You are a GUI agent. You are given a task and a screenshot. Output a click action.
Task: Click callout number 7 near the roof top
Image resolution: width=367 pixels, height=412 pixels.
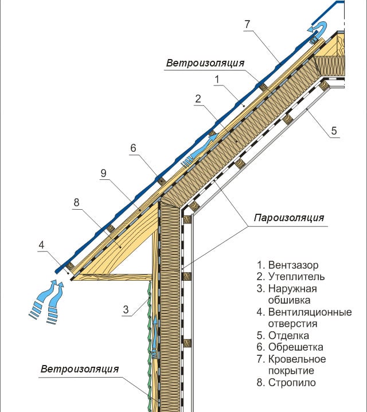247,24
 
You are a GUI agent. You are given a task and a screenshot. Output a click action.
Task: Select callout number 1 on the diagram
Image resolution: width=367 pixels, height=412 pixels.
217,79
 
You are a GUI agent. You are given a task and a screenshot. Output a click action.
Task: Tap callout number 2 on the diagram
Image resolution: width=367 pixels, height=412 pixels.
197,99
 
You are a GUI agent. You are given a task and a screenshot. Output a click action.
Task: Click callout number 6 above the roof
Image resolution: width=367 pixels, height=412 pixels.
132,148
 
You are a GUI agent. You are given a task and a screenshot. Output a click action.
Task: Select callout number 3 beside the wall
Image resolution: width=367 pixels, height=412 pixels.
124,310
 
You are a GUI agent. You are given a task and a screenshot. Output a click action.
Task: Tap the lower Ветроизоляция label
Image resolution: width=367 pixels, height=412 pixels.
79,368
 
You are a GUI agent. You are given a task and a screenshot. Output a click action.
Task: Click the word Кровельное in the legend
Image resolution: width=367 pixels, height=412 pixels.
296,359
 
